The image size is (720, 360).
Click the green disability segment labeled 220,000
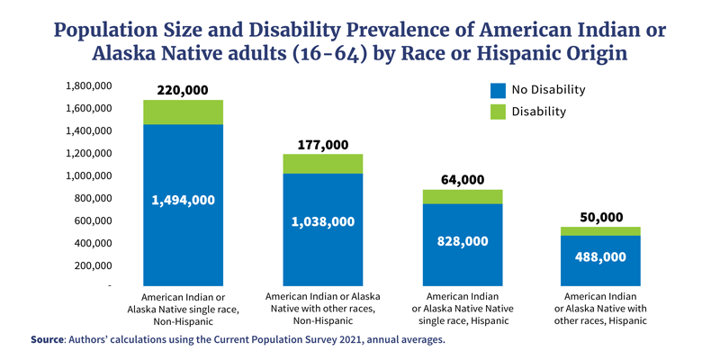tap(183, 112)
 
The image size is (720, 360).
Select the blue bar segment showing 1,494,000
tap(183, 200)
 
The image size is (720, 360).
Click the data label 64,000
tap(463, 180)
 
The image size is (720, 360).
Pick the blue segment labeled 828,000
tap(463, 241)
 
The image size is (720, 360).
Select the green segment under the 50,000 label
tap(602, 231)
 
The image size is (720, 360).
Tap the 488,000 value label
tap(602, 256)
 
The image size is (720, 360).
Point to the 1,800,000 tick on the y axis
tap(89, 86)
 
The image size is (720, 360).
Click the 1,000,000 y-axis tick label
tap(89, 175)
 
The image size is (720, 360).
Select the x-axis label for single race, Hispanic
tap(463, 309)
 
